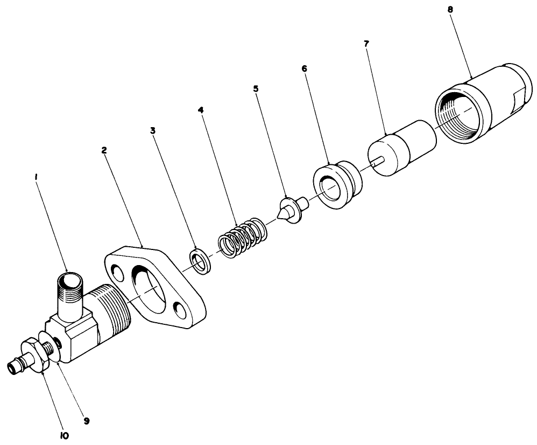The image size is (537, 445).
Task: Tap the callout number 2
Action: [104, 150]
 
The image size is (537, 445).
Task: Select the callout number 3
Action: [153, 130]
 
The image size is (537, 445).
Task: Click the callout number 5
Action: [256, 88]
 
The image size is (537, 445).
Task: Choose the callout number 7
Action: [366, 43]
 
